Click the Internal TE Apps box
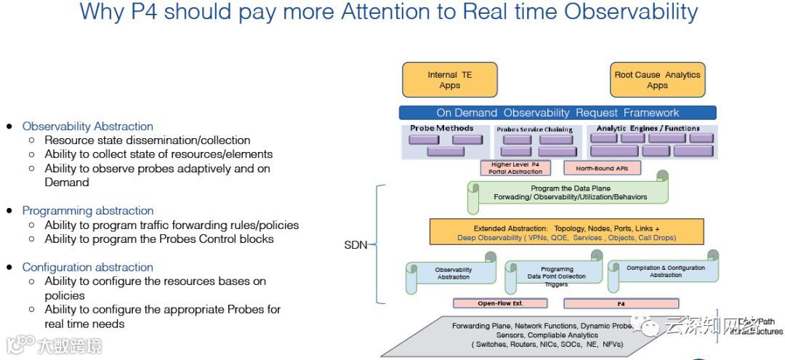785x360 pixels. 450,80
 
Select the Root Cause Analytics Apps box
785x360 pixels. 657,80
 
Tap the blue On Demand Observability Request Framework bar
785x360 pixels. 557,113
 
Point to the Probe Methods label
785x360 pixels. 441,129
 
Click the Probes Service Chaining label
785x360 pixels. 534,129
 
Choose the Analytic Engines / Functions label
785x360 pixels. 648,129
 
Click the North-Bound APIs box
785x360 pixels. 602,168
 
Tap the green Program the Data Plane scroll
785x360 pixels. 566,192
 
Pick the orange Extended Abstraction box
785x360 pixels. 566,232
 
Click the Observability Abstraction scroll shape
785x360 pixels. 453,273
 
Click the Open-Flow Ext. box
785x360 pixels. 500,303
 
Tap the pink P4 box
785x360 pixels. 621,303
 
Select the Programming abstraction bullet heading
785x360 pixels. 88,211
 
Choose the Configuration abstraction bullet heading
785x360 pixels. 88,267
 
